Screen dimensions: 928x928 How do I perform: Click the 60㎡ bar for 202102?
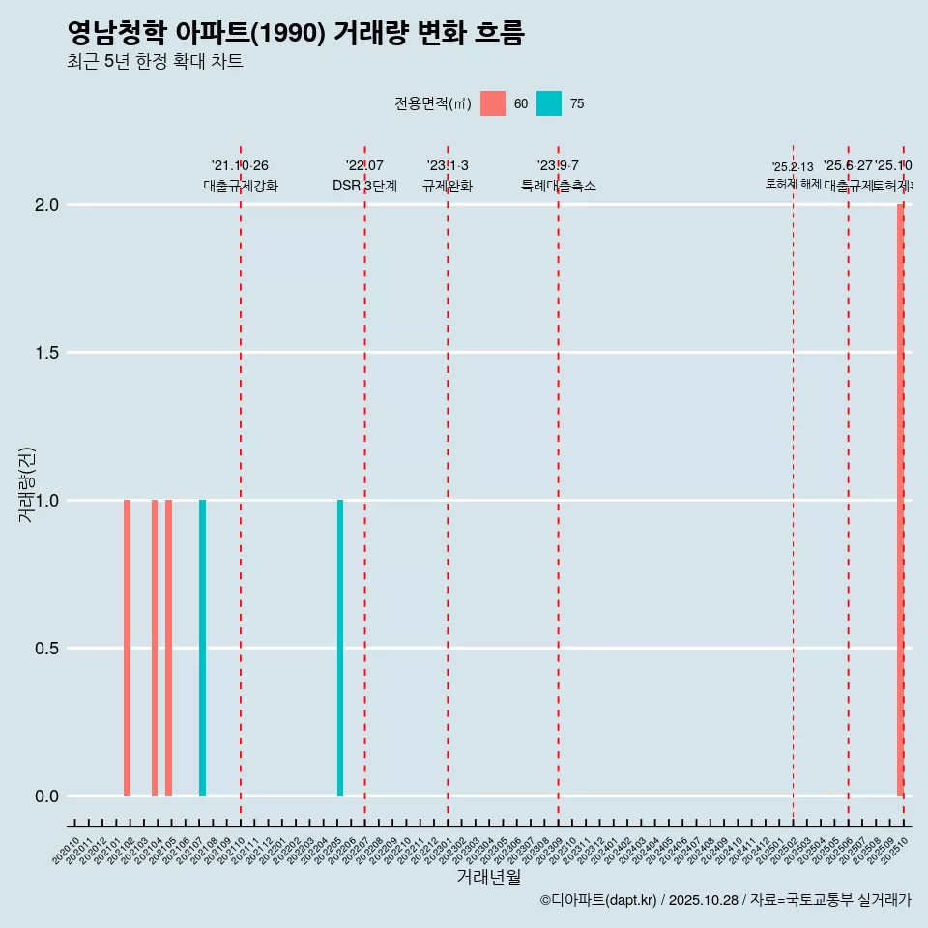tap(127, 648)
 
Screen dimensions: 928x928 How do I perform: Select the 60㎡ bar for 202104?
tap(155, 648)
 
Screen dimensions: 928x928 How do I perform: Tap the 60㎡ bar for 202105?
tap(168, 648)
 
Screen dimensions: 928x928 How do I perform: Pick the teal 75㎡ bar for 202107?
tap(202, 648)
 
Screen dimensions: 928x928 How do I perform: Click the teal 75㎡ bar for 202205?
tap(340, 648)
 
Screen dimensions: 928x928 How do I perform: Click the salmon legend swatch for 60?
tap(493, 103)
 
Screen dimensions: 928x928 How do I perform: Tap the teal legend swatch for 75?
tap(549, 103)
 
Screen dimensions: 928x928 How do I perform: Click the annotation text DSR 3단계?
tap(364, 186)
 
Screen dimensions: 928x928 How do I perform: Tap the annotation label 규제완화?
tap(448, 186)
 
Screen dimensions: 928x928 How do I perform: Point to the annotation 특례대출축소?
tap(558, 186)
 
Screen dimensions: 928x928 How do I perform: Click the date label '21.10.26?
tap(240, 165)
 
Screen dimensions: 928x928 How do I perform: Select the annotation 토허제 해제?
tap(793, 183)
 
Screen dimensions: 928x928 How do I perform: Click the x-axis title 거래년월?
tap(488, 878)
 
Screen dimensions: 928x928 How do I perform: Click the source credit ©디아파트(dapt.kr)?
tap(598, 900)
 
